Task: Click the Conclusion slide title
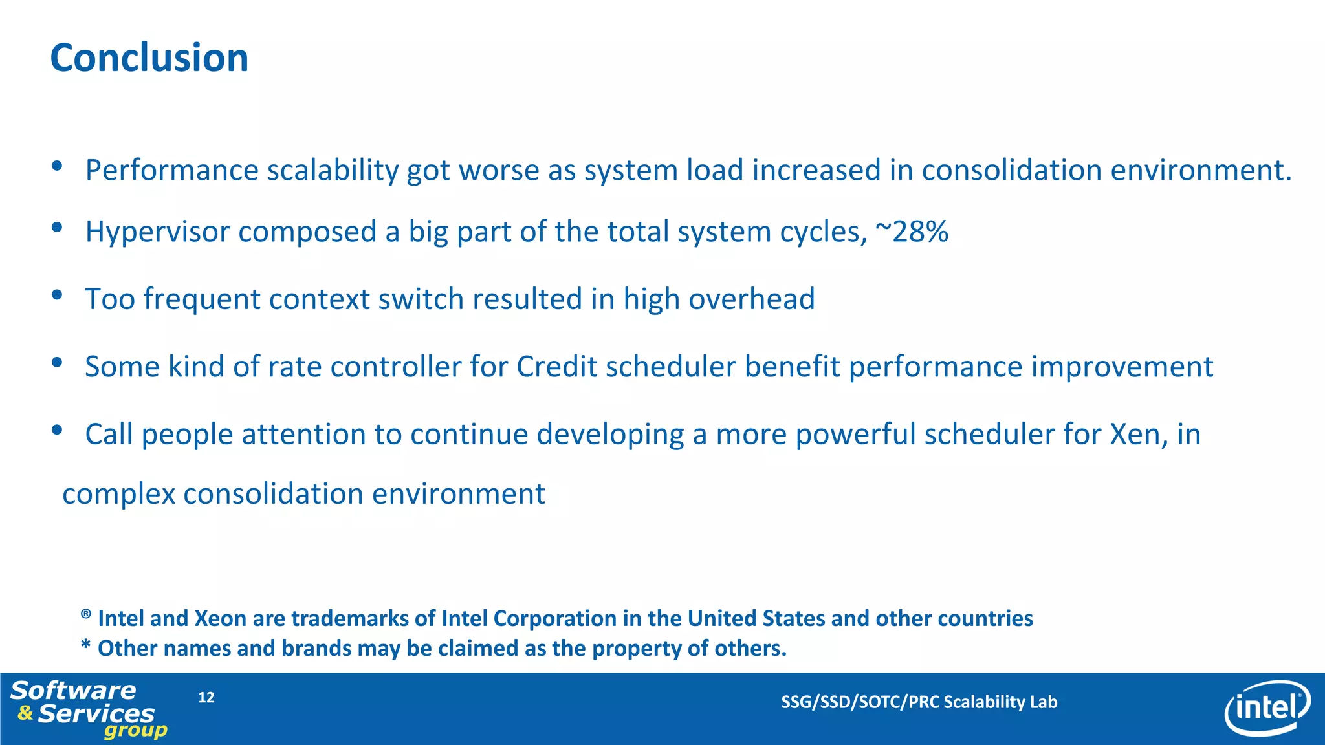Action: pos(149,58)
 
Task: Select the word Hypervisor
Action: pos(159,232)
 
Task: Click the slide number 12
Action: pos(206,697)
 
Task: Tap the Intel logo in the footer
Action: pos(1267,709)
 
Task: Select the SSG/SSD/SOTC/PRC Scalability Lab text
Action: pos(919,702)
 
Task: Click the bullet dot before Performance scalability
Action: pos(57,166)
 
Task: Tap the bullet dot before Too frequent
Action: pos(57,295)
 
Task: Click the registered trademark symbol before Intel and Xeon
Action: pos(85,614)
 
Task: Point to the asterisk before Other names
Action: pos(85,646)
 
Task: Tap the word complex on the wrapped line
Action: pos(118,495)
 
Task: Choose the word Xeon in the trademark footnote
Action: pos(221,619)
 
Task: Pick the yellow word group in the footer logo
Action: pos(135,731)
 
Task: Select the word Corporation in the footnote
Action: pos(554,619)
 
